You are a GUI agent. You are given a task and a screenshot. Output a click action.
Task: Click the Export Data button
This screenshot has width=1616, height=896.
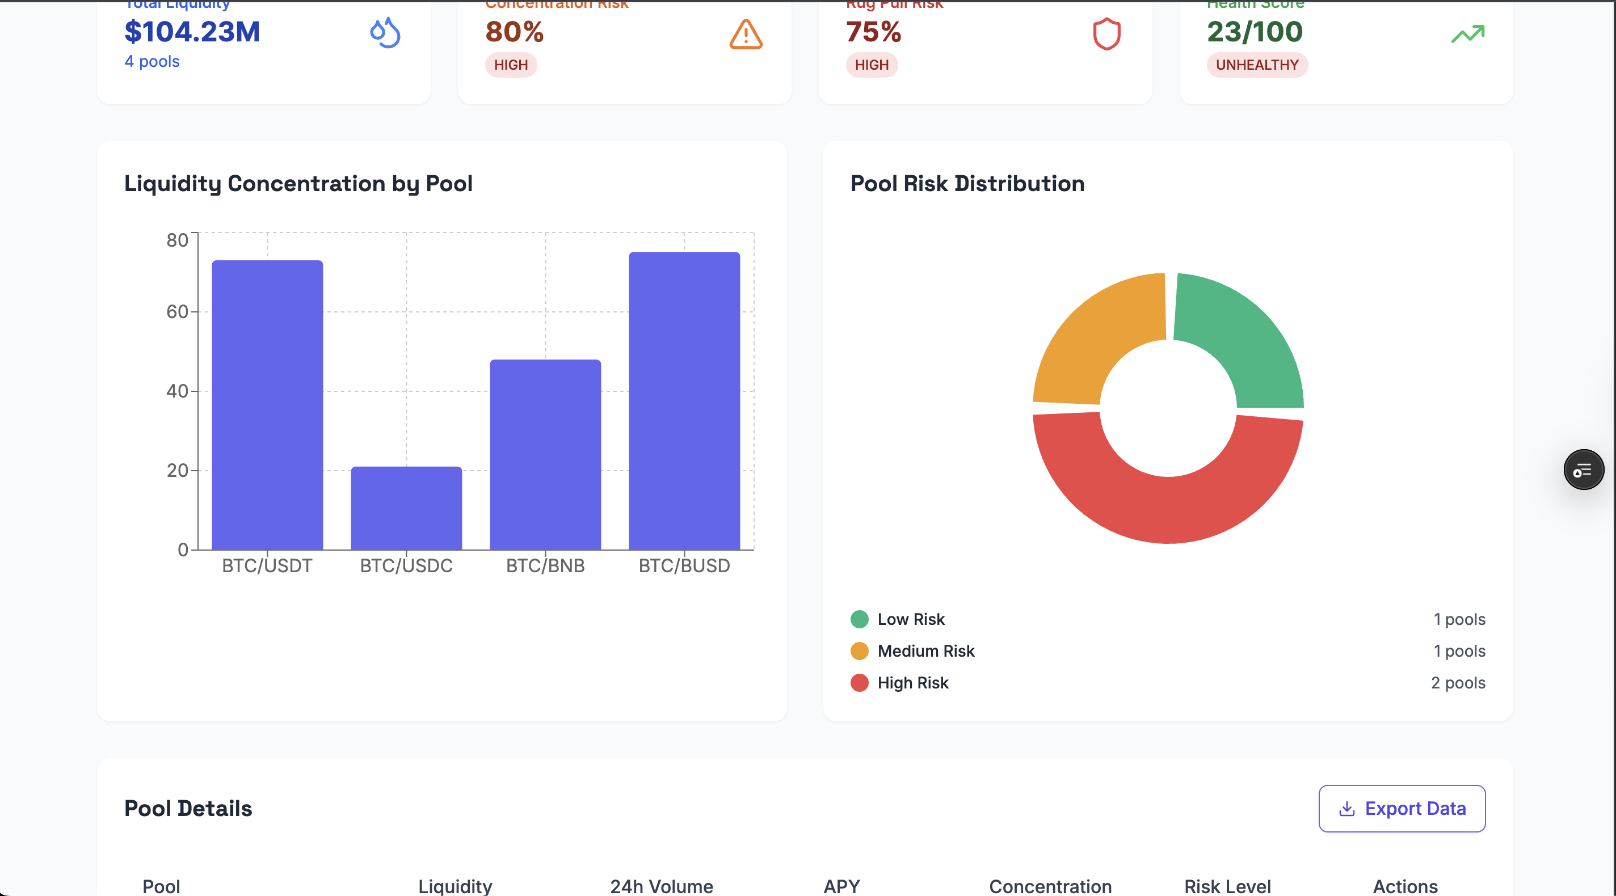pos(1402,808)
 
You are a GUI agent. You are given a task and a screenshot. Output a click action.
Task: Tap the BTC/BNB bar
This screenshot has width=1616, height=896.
pos(545,455)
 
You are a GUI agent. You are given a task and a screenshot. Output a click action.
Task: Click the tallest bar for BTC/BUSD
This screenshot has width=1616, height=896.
pos(684,401)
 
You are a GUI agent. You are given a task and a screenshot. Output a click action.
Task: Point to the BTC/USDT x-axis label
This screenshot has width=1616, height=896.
pos(267,565)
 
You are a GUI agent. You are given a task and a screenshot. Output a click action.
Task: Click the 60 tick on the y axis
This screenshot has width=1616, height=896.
pos(177,312)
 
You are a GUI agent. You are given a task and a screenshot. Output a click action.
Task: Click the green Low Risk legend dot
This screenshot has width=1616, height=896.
pos(859,619)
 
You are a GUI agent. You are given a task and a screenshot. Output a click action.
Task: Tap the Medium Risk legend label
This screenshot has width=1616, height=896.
pos(925,651)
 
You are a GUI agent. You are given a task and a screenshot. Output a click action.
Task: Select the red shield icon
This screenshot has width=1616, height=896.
pos(1106,34)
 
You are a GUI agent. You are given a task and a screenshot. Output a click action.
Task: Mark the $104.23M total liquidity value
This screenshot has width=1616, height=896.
pos(192,32)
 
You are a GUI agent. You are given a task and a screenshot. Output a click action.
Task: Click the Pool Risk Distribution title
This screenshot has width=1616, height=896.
pos(967,183)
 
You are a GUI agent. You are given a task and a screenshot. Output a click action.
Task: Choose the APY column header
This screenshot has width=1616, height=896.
pos(841,886)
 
